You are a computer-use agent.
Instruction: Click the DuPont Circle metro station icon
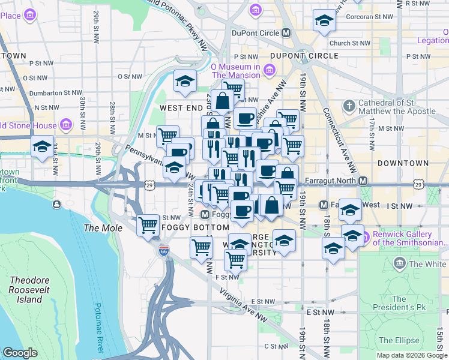[x=286, y=34]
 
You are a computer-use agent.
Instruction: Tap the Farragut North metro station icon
[x=363, y=181]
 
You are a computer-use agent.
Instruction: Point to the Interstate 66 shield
[x=163, y=251]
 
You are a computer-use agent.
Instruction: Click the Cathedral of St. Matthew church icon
[x=349, y=106]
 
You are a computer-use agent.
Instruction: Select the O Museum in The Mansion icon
[x=268, y=71]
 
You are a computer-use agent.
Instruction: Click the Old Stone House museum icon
[x=65, y=125]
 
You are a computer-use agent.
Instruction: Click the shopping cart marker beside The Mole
[x=148, y=226]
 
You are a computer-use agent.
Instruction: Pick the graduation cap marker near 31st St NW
[x=42, y=146]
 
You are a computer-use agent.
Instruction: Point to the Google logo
[x=20, y=353]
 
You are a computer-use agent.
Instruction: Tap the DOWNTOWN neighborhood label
[x=403, y=163]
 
